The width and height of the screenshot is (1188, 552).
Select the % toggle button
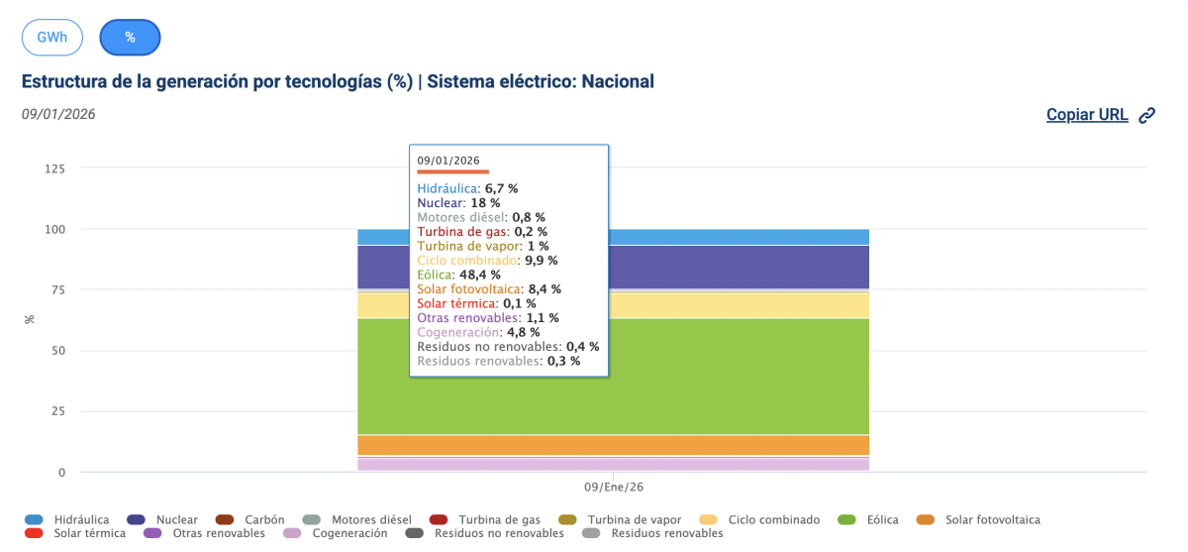click(130, 38)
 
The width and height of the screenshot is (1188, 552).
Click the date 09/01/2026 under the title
click(58, 114)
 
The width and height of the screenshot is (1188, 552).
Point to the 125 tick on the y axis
click(54, 168)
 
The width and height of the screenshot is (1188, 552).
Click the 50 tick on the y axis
click(58, 351)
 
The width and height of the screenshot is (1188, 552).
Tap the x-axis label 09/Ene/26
click(614, 488)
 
